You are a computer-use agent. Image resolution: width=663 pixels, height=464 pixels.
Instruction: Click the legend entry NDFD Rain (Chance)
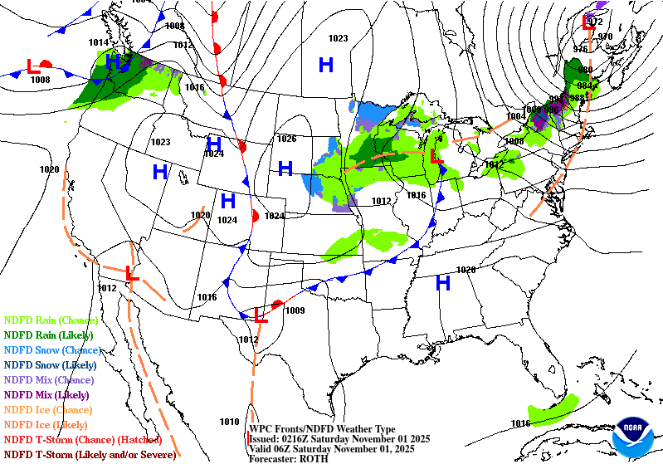(51, 320)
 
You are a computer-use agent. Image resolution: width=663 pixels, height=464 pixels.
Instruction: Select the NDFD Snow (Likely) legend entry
(50, 364)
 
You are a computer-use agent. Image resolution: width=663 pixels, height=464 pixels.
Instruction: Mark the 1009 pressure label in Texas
(295, 311)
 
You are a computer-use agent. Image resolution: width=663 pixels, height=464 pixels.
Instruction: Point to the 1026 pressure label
(287, 139)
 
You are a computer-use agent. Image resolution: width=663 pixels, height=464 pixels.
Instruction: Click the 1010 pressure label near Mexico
(229, 422)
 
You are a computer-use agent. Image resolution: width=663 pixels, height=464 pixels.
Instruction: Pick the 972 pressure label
(595, 22)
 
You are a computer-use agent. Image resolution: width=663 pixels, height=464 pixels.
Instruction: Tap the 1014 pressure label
(99, 42)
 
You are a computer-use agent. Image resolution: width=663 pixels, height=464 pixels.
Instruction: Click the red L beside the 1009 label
(261, 315)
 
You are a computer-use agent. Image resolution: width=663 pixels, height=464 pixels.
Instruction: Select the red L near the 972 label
(589, 22)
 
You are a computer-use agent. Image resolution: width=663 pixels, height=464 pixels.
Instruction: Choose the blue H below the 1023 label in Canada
(326, 64)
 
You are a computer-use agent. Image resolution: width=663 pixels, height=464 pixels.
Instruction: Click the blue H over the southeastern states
(443, 283)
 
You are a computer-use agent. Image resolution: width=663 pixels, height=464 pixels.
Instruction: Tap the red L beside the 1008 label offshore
(33, 65)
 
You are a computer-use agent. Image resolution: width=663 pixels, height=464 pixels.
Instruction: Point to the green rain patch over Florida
(554, 408)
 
